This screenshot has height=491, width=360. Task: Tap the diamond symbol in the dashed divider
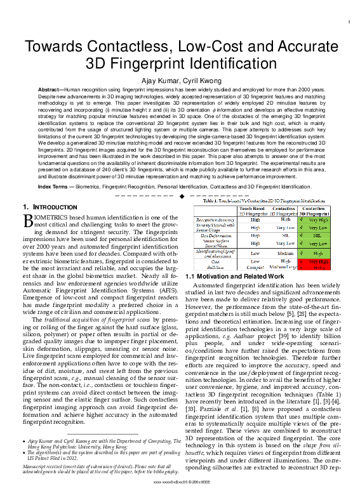[181, 196]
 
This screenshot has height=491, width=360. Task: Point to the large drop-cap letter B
[29, 221]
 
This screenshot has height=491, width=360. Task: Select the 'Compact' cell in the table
[252, 268]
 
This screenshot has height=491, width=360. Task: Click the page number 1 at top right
[350, 23]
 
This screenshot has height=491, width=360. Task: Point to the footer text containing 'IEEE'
[180, 483]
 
